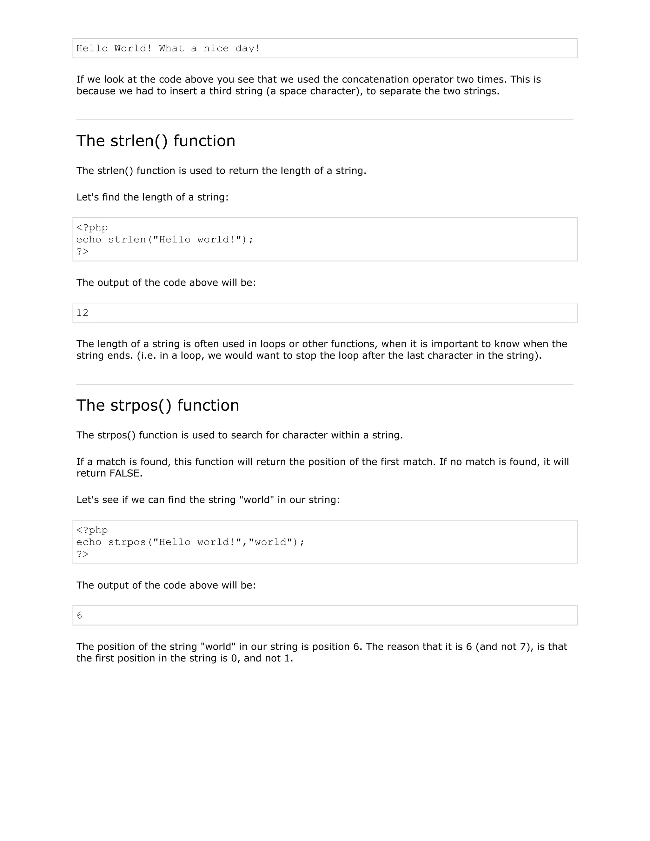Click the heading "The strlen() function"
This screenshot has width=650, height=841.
coord(156,141)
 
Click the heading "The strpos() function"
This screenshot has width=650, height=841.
coord(157,406)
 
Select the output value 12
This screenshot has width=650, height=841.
coord(83,313)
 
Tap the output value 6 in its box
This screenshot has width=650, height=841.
coord(79,616)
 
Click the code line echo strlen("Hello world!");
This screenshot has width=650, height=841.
coord(165,240)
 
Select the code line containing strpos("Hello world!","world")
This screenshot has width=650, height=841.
coord(190,542)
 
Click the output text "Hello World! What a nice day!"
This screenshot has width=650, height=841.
coord(168,49)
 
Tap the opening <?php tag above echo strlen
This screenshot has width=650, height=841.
coord(92,228)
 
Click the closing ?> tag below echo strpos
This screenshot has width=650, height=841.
coord(83,554)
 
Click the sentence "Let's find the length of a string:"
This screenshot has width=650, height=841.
coord(152,197)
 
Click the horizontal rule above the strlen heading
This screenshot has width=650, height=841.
coord(325,120)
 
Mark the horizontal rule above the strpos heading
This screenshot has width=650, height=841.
coord(325,384)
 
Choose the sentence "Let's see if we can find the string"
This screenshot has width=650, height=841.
coord(208,500)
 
